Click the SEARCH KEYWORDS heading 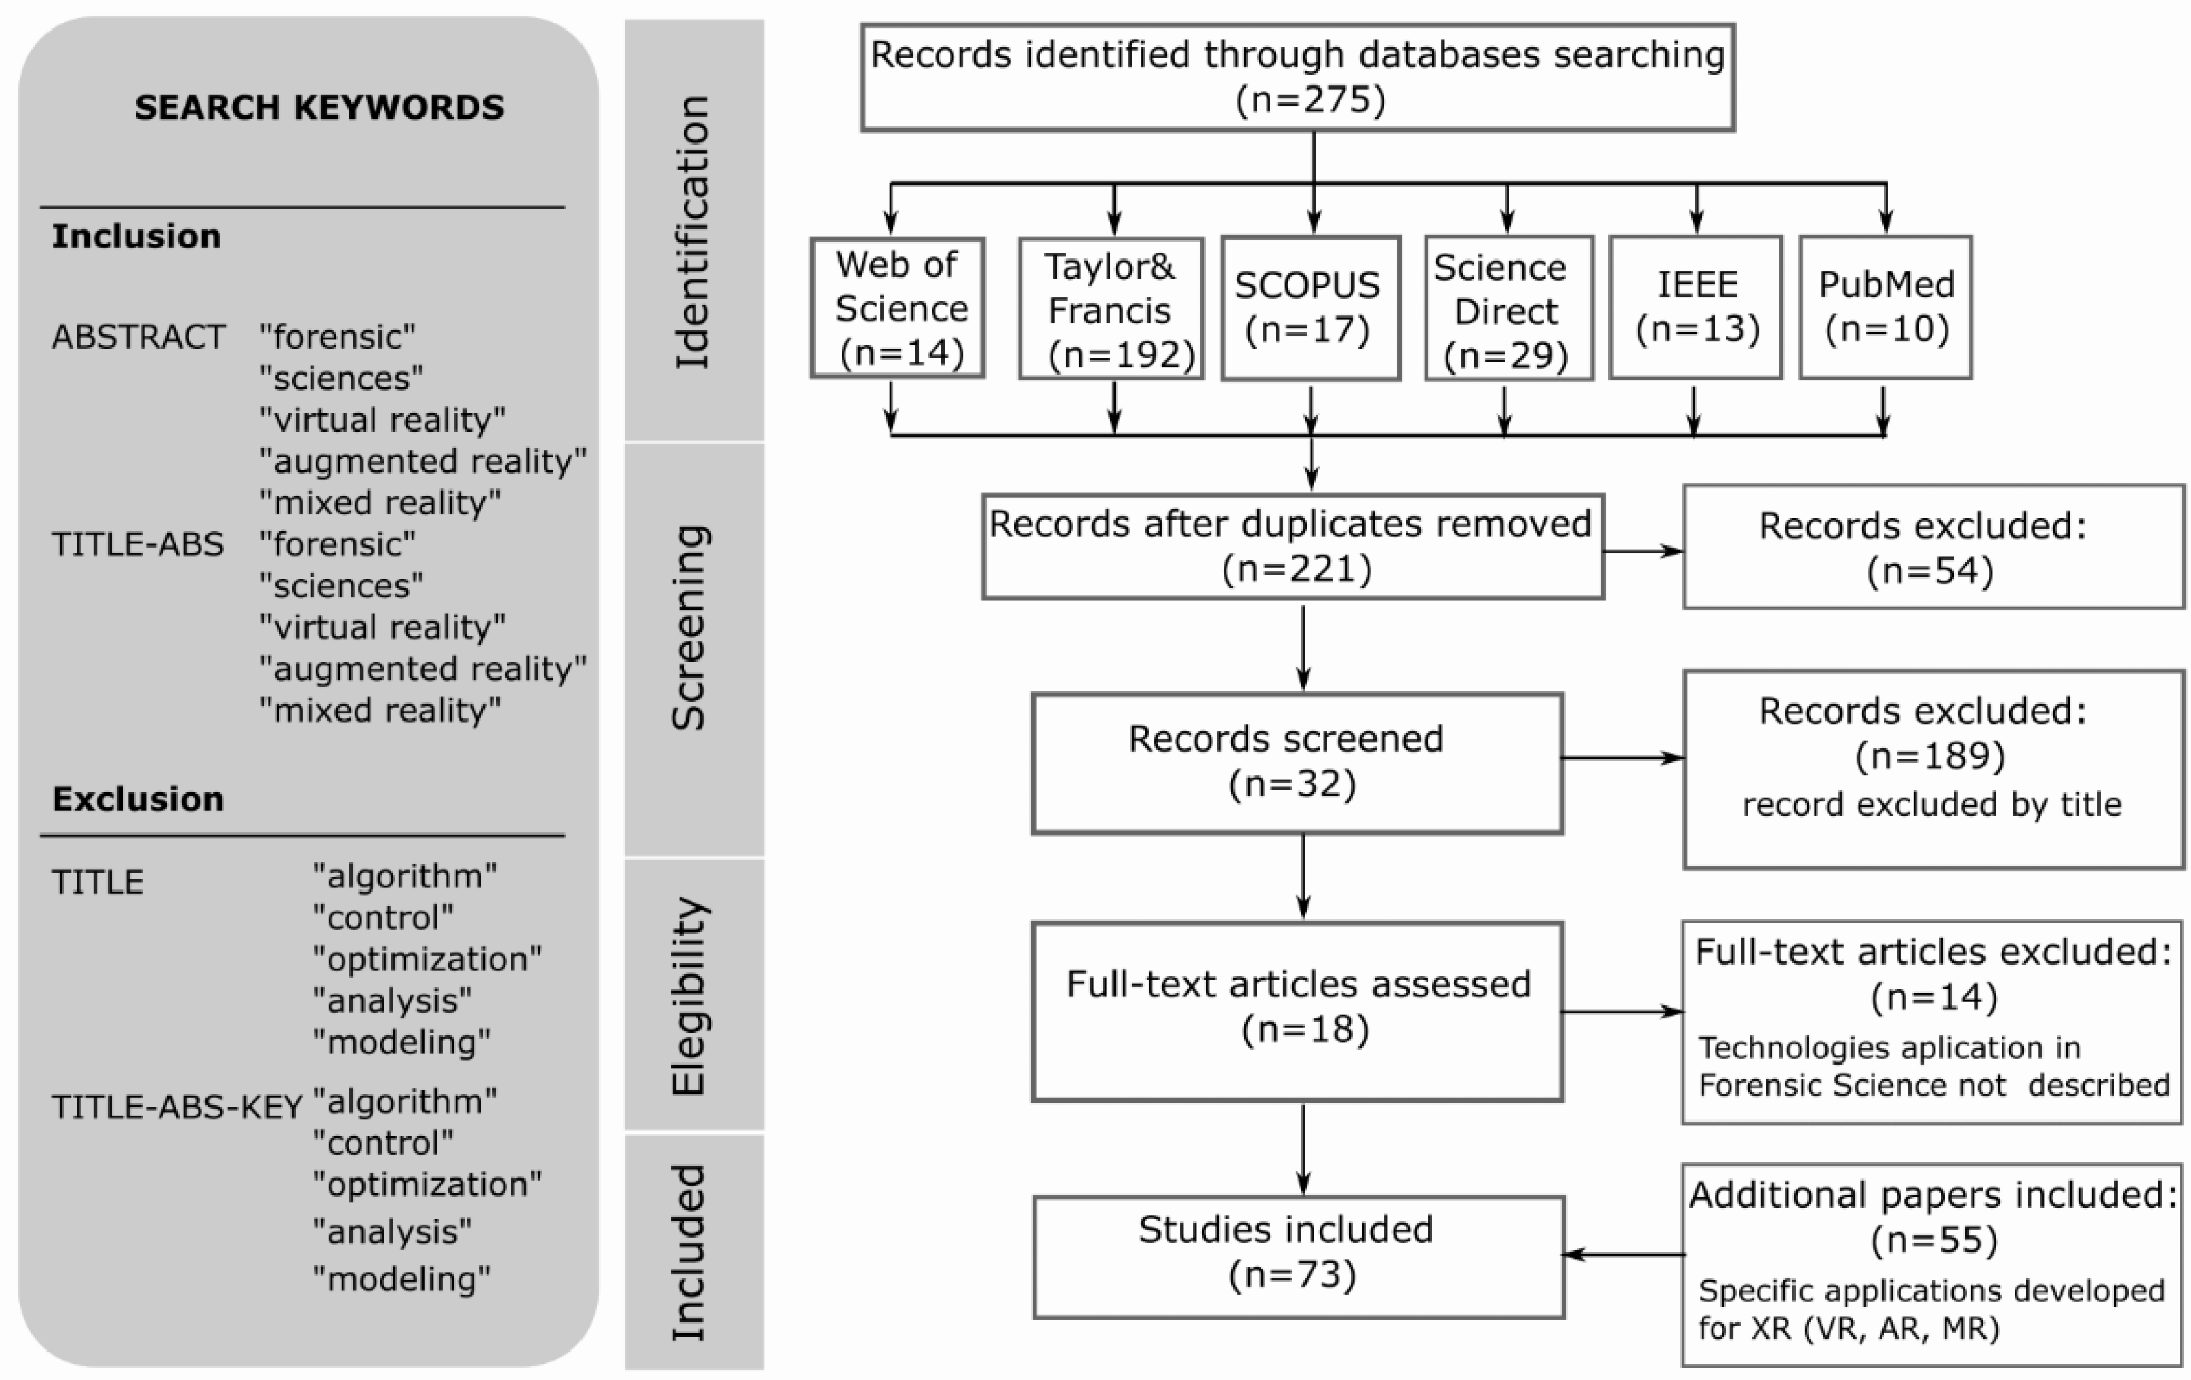[x=319, y=107]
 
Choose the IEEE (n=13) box [x=1695, y=307]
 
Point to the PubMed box [x=1885, y=307]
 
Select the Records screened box [x=1297, y=763]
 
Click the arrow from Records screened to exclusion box [x=1621, y=757]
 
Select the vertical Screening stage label [x=692, y=628]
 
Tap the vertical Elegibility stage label [x=692, y=996]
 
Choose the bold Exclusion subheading [x=138, y=799]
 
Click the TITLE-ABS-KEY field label [x=176, y=1107]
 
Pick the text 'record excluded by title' [x=1931, y=805]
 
